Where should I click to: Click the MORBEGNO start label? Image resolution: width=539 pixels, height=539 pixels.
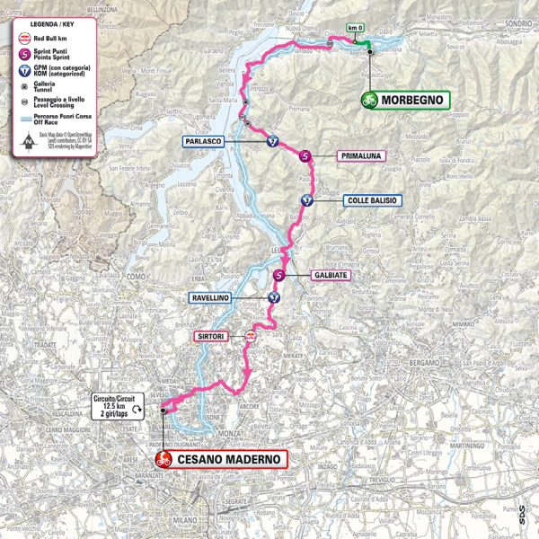coord(412,101)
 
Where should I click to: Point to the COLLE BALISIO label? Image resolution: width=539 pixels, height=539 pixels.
coord(370,200)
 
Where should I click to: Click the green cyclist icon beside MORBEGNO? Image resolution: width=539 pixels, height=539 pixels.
coord(369,101)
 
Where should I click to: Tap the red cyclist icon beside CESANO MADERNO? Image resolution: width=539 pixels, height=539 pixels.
coord(163,459)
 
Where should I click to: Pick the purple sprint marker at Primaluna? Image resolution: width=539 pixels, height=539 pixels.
coord(305,156)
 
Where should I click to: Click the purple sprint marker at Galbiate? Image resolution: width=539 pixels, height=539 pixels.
coord(280,276)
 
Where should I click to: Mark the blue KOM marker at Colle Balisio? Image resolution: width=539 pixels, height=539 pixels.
coord(307,200)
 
